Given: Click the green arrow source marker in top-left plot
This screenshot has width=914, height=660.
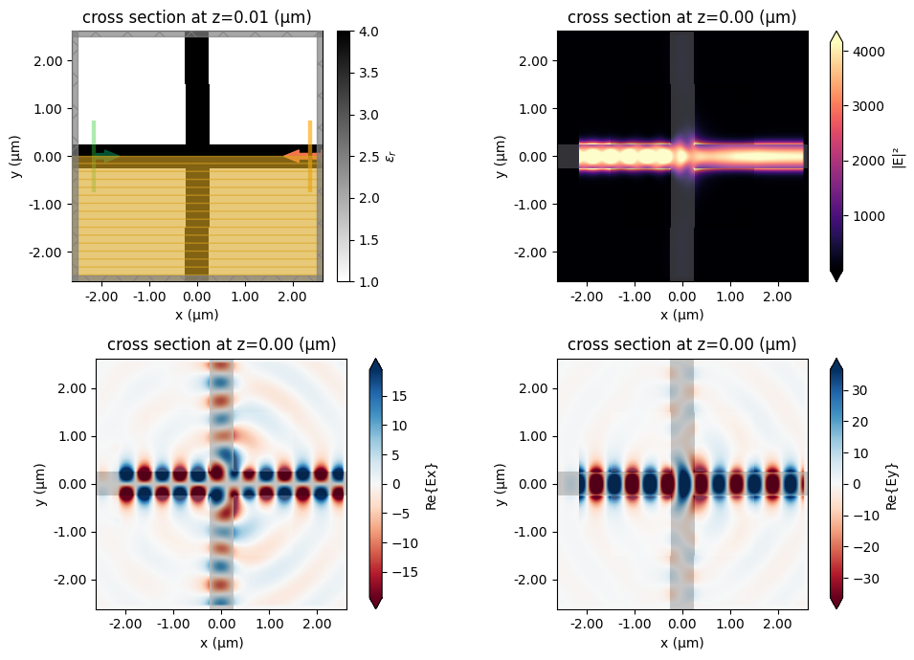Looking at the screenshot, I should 106,156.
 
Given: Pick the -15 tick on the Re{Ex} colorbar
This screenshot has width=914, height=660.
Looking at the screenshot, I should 407,573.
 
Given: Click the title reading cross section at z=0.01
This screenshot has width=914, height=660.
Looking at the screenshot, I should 196,17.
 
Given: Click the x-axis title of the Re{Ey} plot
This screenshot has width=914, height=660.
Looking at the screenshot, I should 681,643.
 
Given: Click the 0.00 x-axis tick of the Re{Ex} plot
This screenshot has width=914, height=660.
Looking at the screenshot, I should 221,624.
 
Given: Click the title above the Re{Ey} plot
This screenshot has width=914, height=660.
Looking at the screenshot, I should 681,344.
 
